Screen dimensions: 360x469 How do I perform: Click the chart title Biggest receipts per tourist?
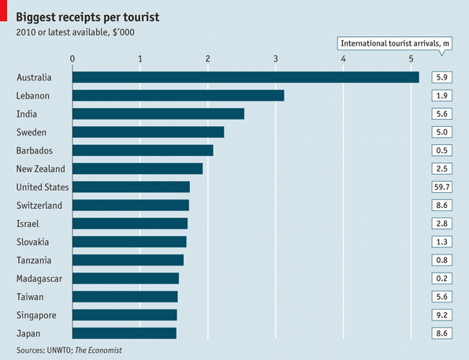[x=94, y=15]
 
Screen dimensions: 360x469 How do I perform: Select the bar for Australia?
[x=245, y=77]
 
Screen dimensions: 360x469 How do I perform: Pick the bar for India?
[x=158, y=113]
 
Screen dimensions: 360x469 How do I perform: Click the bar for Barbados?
[x=143, y=150]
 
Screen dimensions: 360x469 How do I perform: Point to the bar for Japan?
[x=125, y=333]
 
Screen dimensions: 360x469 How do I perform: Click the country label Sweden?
[x=32, y=132]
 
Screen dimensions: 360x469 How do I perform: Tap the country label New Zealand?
[x=40, y=169]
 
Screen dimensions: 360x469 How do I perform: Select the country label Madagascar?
[x=39, y=278]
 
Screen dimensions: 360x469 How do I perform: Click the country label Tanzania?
[x=34, y=260]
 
